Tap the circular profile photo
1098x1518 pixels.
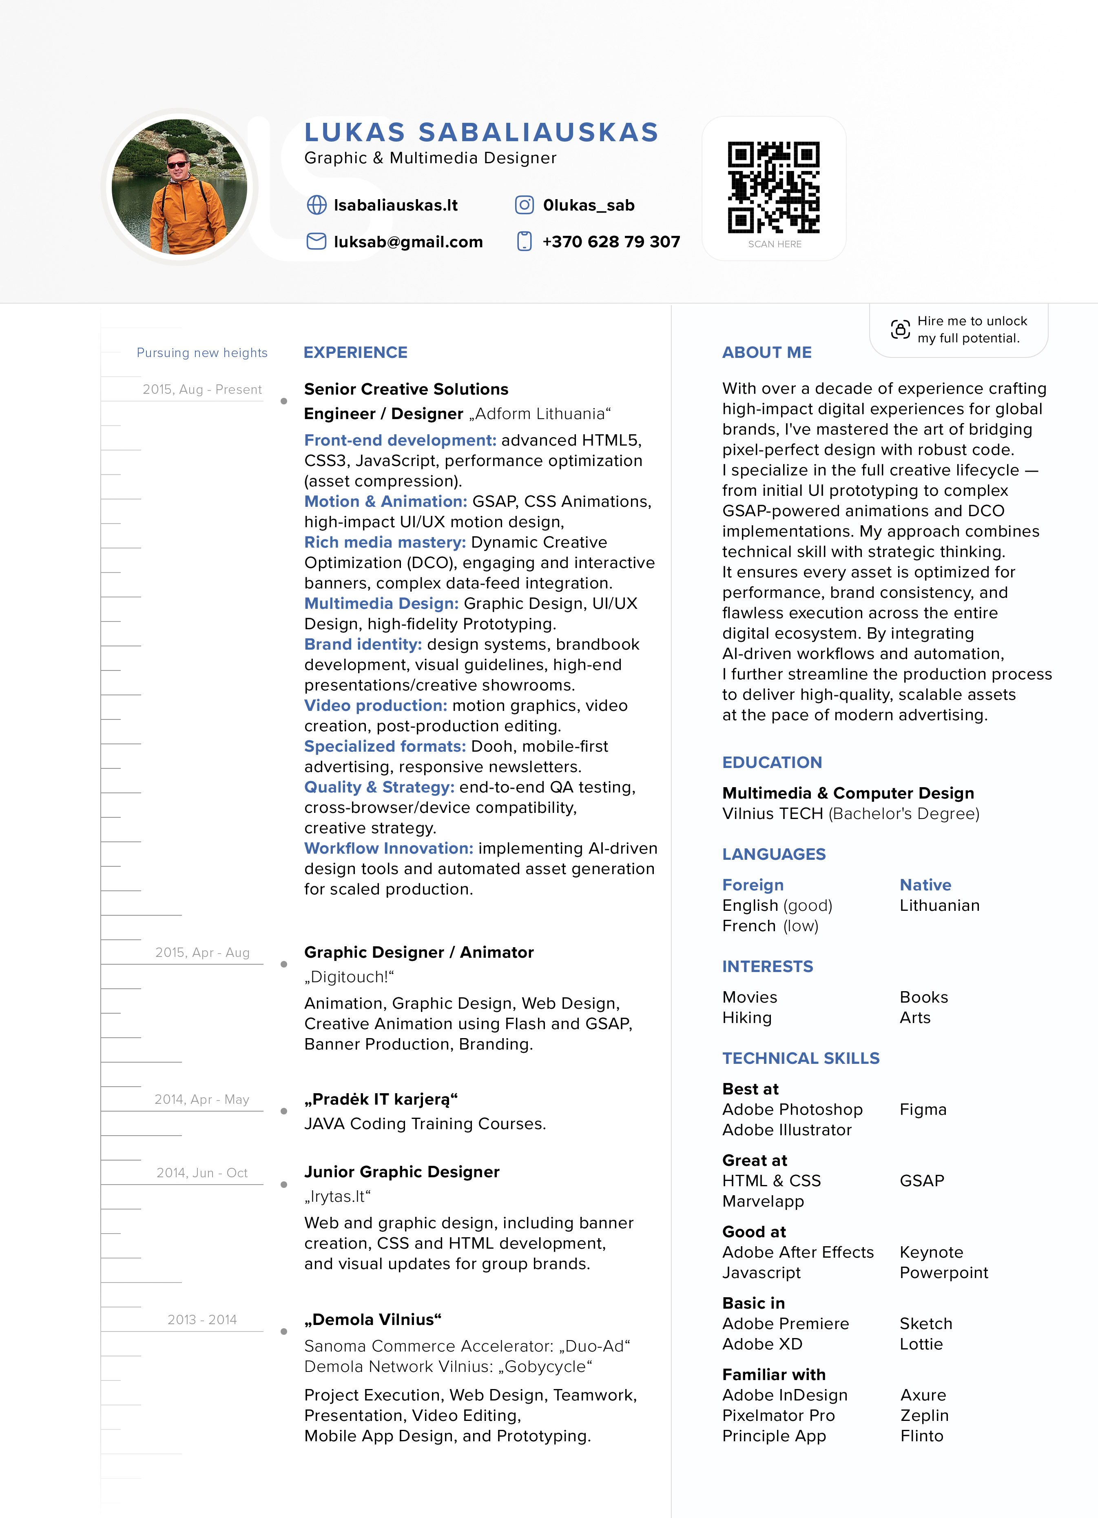click(x=179, y=187)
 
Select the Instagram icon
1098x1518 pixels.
click(x=525, y=205)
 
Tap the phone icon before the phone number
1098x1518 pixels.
click(x=525, y=242)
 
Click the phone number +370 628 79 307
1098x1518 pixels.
click(x=611, y=242)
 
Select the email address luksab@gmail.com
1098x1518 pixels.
click(x=408, y=242)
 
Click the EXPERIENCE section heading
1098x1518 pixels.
click(x=355, y=353)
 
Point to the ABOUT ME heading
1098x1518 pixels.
click(x=767, y=353)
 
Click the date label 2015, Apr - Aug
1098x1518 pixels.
click(x=202, y=952)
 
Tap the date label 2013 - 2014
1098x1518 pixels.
click(x=202, y=1319)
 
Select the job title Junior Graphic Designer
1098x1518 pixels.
click(x=401, y=1171)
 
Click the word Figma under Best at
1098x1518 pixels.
click(x=923, y=1109)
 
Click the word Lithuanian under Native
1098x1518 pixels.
click(x=939, y=905)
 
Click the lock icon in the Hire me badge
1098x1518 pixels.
click(x=900, y=329)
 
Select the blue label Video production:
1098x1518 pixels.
click(x=375, y=706)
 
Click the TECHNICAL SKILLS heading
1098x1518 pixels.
click(x=800, y=1058)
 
